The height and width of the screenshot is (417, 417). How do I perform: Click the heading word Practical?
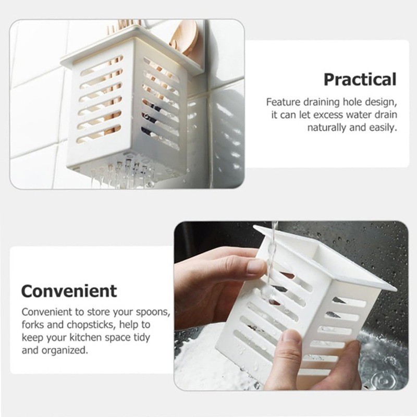pyautogui.click(x=360, y=79)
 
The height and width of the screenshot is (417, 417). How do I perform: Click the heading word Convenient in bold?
pyautogui.click(x=69, y=291)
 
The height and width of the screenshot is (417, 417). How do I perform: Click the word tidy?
pyautogui.click(x=141, y=337)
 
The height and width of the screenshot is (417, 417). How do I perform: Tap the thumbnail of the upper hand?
pyautogui.click(x=256, y=267)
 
